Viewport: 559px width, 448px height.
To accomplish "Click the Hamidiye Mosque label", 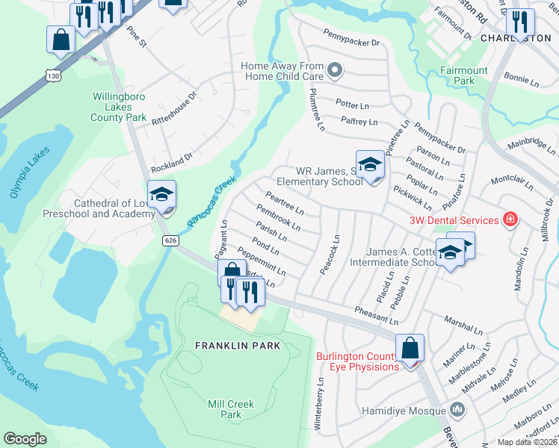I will [404, 410].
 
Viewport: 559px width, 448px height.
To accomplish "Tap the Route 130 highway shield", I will [52, 76].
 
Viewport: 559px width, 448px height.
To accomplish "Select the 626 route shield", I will [170, 240].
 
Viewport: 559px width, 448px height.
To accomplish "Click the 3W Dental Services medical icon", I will [510, 220].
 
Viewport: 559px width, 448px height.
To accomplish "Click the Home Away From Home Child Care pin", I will [335, 72].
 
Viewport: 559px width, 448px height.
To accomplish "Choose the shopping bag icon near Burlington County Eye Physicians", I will [410, 348].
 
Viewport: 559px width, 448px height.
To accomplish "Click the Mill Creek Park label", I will [231, 409].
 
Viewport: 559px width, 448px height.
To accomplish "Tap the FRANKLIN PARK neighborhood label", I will [238, 346].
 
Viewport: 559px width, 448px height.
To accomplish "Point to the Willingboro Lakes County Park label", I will [119, 107].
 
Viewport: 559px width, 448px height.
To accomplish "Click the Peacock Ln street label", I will [330, 255].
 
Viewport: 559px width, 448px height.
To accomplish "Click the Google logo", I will [25, 439].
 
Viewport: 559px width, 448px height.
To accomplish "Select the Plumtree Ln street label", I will [316, 111].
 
